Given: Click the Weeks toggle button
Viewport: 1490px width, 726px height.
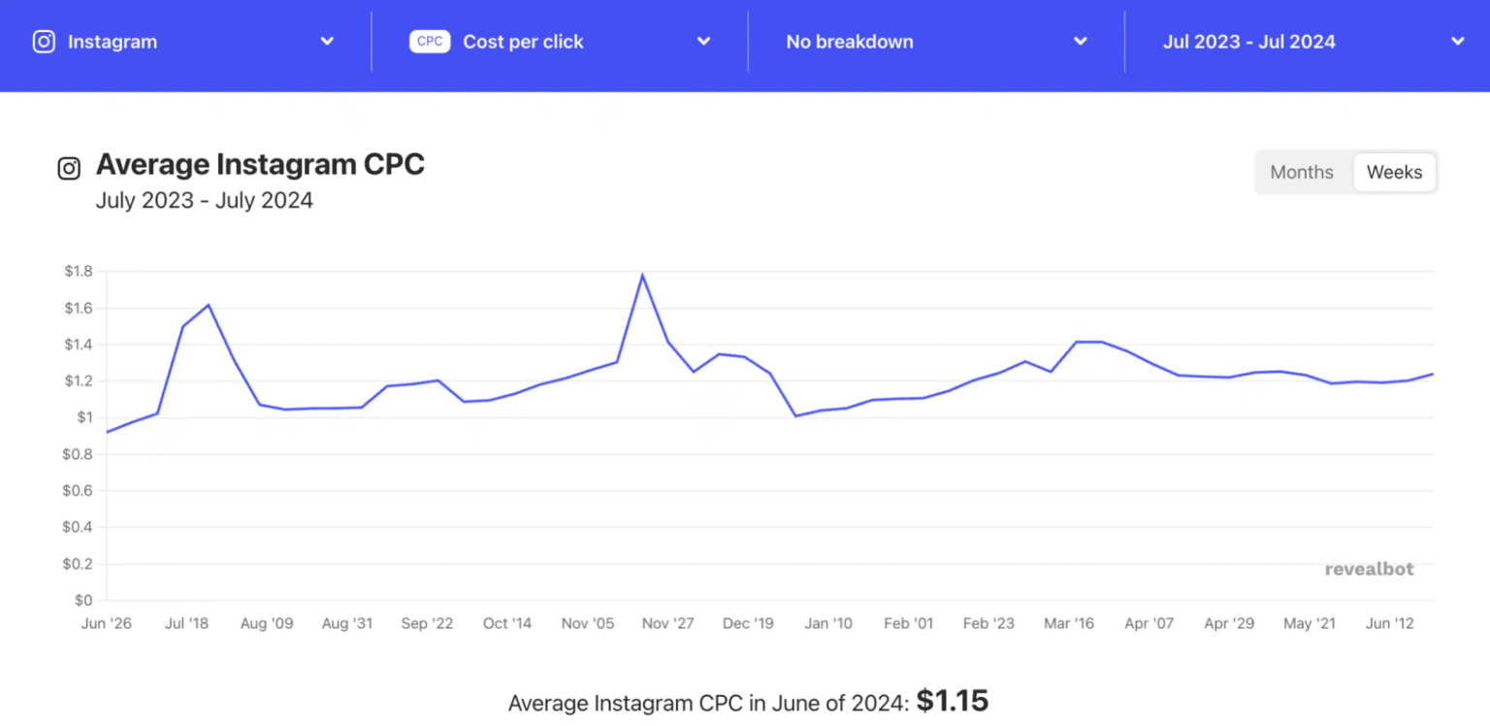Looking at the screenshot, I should [1394, 173].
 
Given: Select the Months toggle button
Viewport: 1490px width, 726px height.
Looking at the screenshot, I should [1302, 173].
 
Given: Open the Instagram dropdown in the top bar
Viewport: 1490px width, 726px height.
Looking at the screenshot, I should [184, 42].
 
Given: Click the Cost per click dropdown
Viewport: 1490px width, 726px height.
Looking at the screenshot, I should [561, 42].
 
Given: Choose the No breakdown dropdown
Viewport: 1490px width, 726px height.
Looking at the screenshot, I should [936, 42].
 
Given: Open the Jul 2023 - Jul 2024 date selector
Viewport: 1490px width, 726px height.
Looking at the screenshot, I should [1312, 42].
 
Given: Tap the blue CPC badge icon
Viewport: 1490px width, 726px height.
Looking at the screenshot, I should [430, 42].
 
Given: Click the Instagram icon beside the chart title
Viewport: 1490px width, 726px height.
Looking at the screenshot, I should [69, 169].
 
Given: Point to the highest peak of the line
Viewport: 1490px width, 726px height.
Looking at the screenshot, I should [642, 275].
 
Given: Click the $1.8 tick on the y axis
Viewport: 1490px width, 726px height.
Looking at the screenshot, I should [78, 272].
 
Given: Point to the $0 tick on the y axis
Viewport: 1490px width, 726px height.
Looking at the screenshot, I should [83, 601].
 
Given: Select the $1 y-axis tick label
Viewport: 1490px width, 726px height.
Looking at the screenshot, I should [84, 418].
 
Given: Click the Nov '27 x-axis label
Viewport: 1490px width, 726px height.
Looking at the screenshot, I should [668, 623].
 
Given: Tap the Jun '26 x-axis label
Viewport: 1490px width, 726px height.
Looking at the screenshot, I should [107, 623].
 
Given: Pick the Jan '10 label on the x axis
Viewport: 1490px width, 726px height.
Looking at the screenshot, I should [829, 623].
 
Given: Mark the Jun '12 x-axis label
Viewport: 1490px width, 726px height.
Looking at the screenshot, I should [1389, 623].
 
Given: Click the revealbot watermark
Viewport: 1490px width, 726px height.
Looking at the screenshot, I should [1369, 569].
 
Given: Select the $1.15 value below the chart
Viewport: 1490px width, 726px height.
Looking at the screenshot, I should [952, 701].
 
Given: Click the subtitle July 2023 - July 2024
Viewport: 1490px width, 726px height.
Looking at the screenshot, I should [204, 201].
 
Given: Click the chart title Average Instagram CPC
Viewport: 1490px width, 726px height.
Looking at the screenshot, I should [260, 165].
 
